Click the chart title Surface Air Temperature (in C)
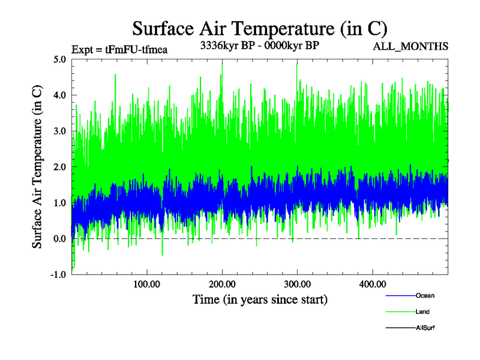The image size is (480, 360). [x=260, y=28]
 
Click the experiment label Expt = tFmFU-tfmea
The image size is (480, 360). [x=119, y=49]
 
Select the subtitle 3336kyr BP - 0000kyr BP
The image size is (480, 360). [x=259, y=45]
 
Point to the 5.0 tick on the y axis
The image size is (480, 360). [x=59, y=59]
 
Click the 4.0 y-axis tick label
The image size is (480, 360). [x=59, y=95]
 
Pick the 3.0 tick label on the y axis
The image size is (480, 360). [x=59, y=131]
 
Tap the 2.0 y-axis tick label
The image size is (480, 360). [x=59, y=167]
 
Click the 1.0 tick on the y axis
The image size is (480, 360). [x=59, y=203]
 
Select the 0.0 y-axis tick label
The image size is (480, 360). [x=59, y=239]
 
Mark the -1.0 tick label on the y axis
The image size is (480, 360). [x=58, y=274]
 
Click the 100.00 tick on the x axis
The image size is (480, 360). [x=147, y=284]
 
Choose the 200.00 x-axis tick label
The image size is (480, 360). [x=222, y=284]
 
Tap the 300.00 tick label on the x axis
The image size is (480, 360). [x=297, y=284]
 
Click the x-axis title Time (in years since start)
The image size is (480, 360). [x=260, y=299]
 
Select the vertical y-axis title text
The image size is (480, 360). [x=37, y=167]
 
